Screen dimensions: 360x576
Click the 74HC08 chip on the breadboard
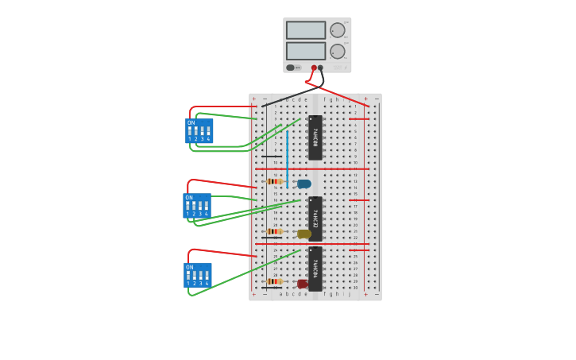coord(315,137)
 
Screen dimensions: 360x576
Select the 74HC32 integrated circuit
coord(315,219)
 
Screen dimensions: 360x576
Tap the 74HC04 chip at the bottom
coord(315,269)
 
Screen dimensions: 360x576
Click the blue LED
coord(304,184)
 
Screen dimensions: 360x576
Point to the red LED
coord(303,284)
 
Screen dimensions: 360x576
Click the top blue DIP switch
coord(199,131)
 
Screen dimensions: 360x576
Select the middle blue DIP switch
coord(197,206)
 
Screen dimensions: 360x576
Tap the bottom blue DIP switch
coord(198,275)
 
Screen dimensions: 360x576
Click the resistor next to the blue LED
coord(275,181)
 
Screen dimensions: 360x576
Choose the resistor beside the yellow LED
coord(275,231)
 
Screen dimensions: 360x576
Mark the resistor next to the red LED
coord(275,281)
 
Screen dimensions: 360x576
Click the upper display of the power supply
coord(306,30)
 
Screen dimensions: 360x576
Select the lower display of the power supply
coord(306,51)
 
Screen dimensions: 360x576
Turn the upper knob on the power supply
coord(338,30)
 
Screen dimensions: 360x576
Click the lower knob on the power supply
coord(338,51)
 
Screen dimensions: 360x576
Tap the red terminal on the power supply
coord(314,68)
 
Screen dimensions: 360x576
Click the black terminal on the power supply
coord(321,68)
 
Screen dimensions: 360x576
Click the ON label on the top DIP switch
coord(191,123)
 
